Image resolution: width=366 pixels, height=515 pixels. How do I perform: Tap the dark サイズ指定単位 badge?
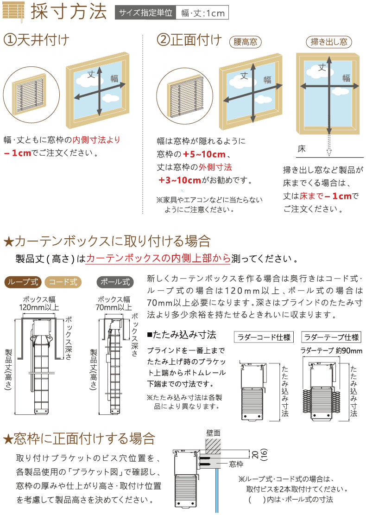[145, 13]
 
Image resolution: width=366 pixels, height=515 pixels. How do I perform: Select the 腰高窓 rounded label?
[245, 42]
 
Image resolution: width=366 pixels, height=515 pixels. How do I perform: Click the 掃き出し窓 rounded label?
[329, 42]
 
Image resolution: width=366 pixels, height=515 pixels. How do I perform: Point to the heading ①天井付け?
[37, 40]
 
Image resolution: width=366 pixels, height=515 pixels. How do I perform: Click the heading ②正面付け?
[189, 40]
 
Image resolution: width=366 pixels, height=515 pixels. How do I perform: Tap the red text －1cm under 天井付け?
[18, 153]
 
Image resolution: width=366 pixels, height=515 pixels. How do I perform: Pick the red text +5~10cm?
[204, 154]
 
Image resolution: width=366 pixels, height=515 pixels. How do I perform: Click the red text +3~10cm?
[180, 180]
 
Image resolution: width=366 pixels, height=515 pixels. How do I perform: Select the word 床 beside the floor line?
[302, 149]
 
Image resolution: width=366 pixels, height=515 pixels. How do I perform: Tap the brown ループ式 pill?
[23, 282]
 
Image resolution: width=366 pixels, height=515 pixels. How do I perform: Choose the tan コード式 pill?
[63, 282]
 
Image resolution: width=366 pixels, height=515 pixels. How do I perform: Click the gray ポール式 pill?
[115, 282]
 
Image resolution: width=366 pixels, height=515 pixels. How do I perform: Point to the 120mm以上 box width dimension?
[39, 308]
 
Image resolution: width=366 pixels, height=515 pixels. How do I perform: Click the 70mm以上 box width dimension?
[114, 307]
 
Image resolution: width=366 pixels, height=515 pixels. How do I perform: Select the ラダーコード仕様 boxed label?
[264, 337]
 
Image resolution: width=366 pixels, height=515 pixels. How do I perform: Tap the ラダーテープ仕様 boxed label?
[331, 337]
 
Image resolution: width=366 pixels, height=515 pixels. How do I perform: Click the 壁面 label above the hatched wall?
[214, 433]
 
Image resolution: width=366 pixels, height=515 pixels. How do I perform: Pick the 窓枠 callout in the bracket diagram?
[236, 464]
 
